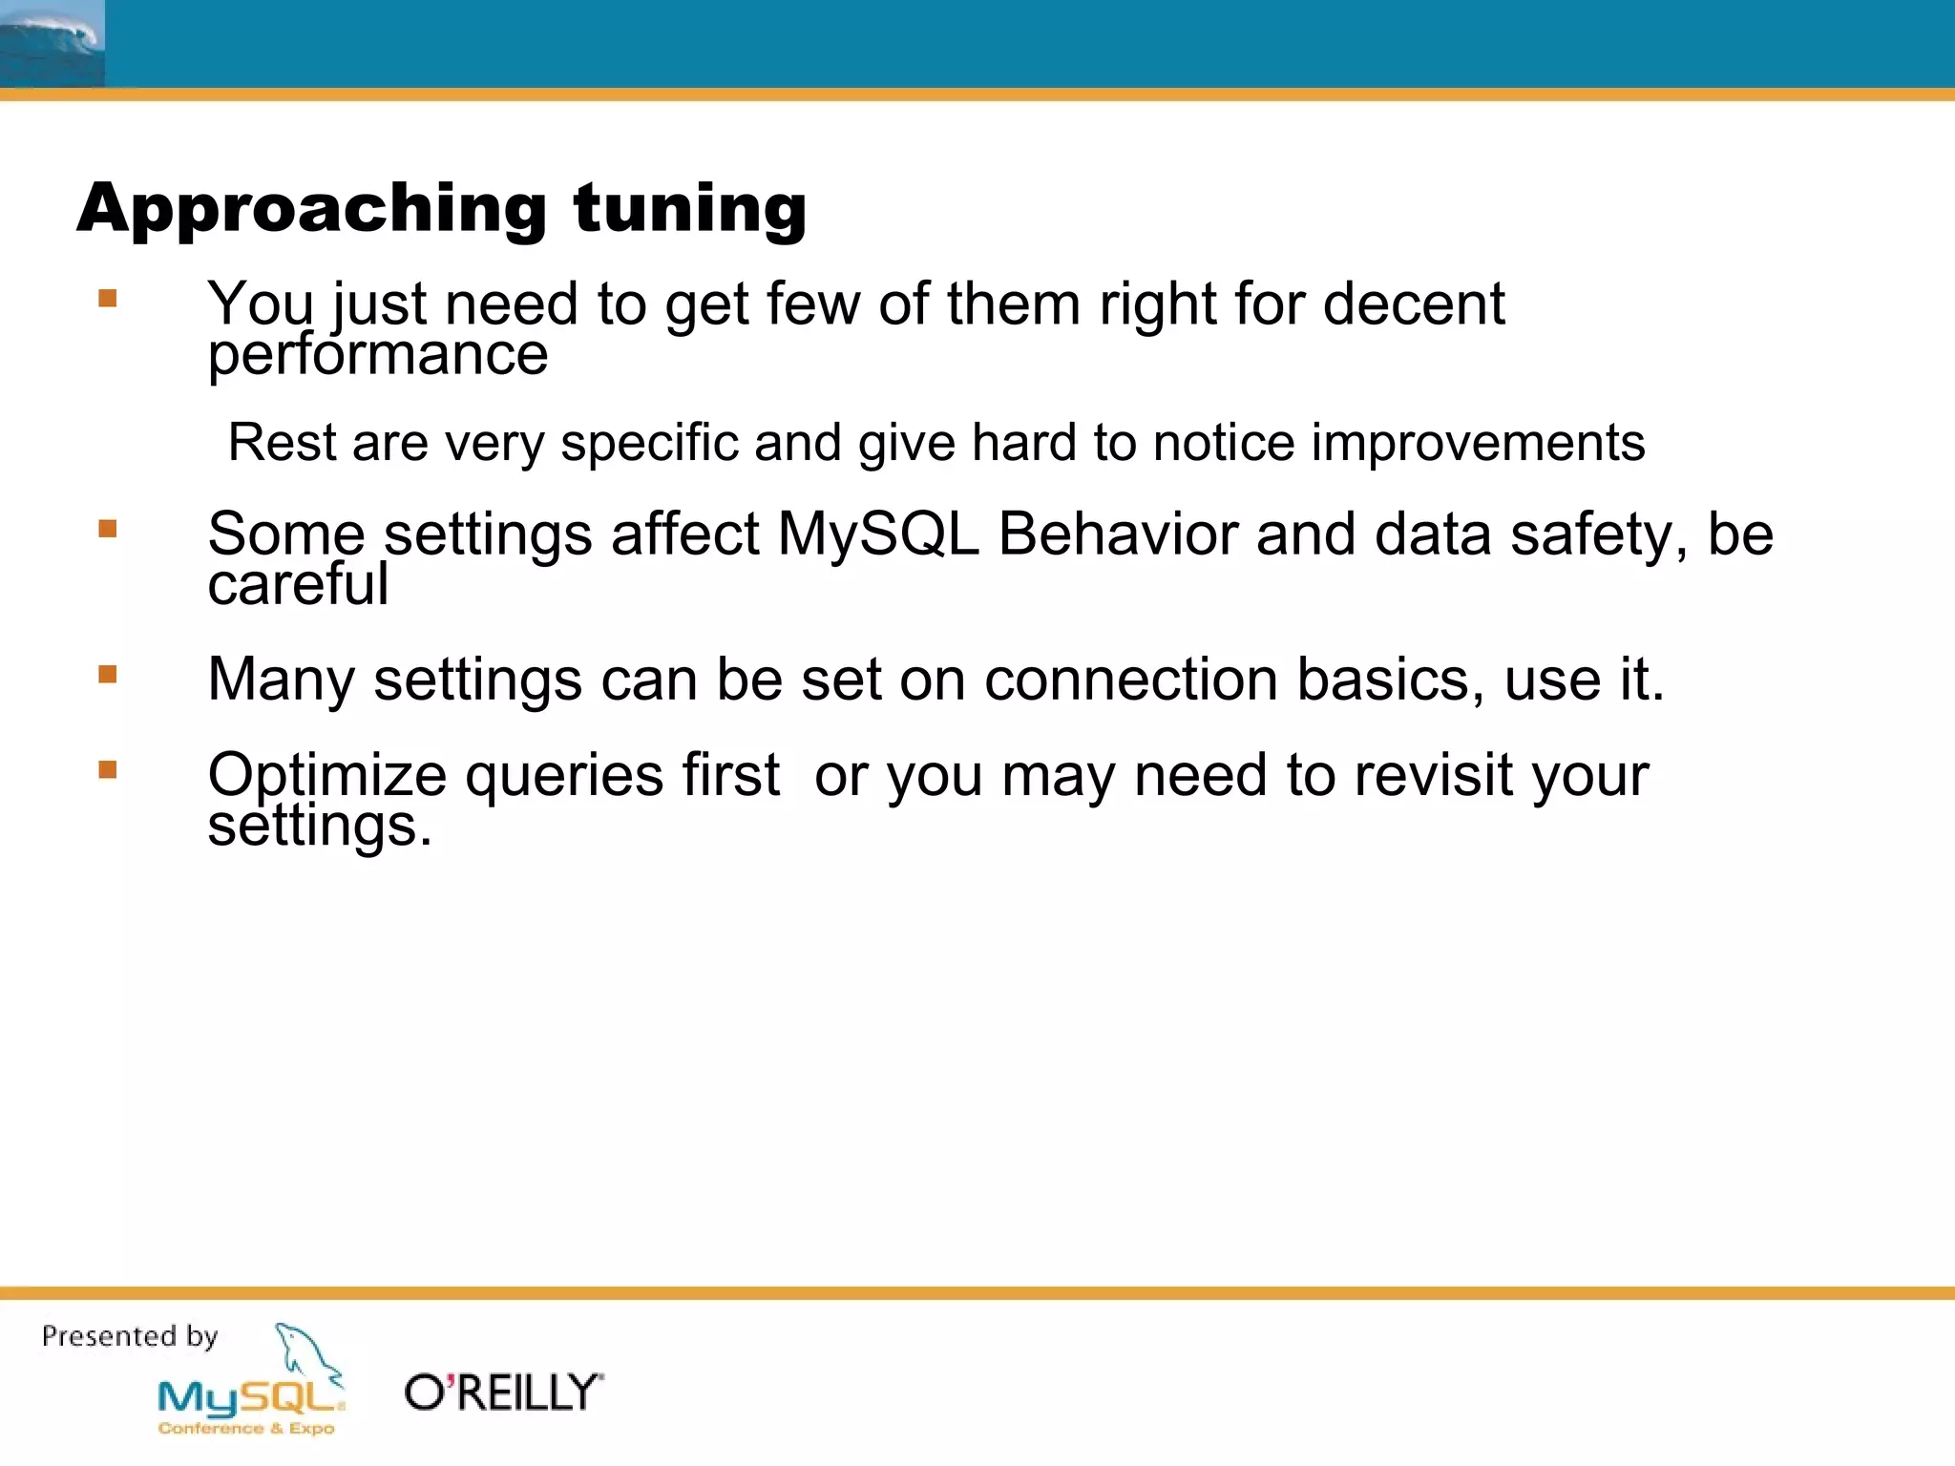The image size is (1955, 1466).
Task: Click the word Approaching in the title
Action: tap(311, 209)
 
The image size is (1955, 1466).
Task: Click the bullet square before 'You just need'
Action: tap(108, 299)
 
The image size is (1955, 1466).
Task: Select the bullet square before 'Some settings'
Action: tap(108, 529)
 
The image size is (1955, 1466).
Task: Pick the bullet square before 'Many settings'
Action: tap(108, 675)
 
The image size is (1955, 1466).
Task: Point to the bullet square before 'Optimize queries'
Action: tap(108, 769)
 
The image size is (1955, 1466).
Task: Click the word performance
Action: tap(378, 355)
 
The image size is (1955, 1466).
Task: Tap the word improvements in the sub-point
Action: tap(1478, 443)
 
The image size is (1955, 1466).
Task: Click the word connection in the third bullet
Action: tap(1131, 680)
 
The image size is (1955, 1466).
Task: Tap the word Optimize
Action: tap(326, 775)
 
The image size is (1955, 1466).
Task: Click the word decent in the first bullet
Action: tap(1414, 304)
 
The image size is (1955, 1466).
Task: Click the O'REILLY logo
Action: tap(503, 1393)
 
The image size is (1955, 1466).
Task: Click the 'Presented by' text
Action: tap(130, 1336)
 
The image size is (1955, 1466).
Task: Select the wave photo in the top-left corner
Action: tap(52, 44)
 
